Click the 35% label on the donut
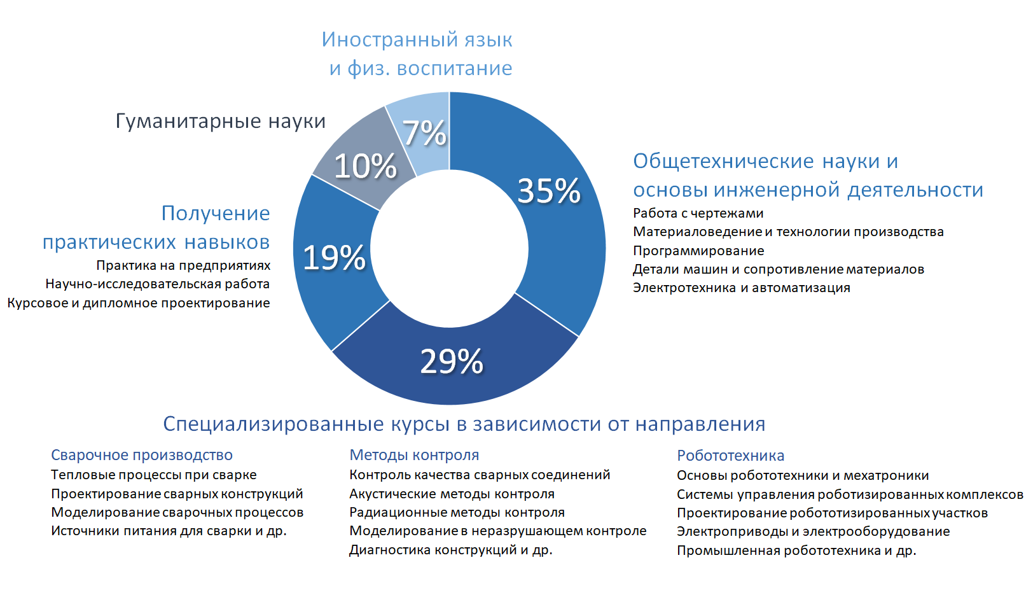coord(549,191)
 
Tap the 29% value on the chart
coord(452,361)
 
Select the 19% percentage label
coord(334,258)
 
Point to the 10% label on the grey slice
coord(365,166)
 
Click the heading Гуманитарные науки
coord(220,121)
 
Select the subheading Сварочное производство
coord(142,455)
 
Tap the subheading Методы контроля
coord(414,455)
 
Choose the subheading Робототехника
coord(730,456)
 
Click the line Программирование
coord(698,251)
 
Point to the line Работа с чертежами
coord(698,213)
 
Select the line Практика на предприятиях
coord(183,265)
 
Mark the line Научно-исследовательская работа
coord(157,284)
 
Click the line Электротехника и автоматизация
coord(741,288)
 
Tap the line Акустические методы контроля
coord(452,494)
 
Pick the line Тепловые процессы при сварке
coord(154,475)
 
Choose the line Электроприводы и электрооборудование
coord(813,531)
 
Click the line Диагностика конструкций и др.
coord(450,550)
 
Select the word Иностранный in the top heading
coord(380,39)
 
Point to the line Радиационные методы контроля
coord(457,512)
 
